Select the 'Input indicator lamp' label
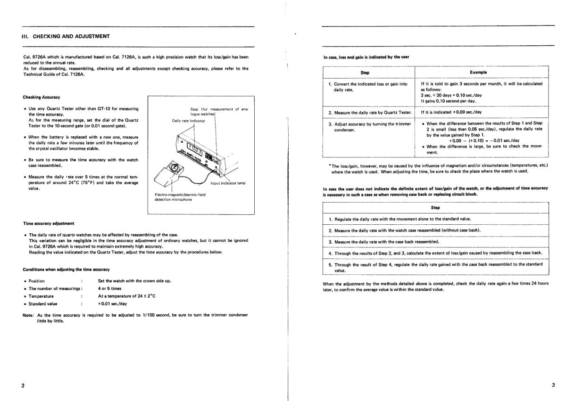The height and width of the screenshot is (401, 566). tap(228, 183)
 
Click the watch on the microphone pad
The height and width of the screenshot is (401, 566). tap(173, 168)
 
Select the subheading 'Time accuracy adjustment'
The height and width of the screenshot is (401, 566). tap(48, 223)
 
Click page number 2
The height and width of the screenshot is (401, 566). tap(23, 385)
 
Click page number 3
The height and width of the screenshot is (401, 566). tap(553, 385)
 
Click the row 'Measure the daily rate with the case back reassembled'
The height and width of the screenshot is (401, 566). tap(384, 242)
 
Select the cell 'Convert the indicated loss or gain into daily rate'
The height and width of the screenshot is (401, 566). tap(368, 86)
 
